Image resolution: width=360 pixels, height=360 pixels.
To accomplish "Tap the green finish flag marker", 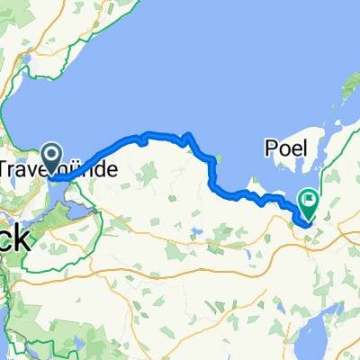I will (x=309, y=203).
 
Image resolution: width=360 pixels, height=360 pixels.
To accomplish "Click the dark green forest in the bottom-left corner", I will (x=18, y=310).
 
